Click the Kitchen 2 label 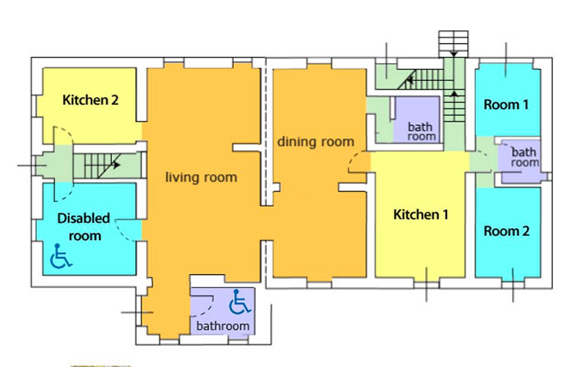91,100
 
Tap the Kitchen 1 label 421,214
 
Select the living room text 201,177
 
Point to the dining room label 316,142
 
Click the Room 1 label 506,105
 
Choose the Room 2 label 507,231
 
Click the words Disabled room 84,227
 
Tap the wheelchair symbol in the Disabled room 61,256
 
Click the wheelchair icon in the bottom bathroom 239,302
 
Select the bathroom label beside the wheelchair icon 223,326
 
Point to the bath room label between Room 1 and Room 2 525,158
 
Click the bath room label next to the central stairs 421,132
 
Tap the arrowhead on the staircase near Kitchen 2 117,165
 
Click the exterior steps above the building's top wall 453,44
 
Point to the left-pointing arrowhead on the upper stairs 410,80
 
